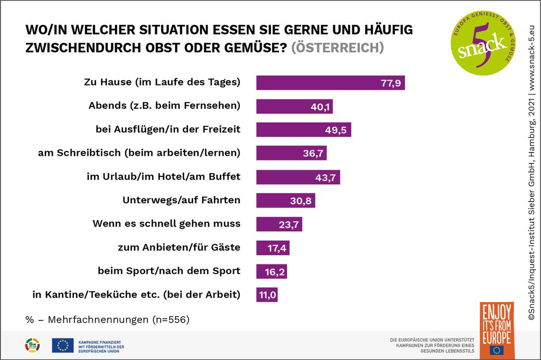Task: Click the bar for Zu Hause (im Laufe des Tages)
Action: click(x=330, y=82)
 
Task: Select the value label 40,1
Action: click(x=320, y=107)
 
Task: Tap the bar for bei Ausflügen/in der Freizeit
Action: click(x=303, y=130)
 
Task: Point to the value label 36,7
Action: click(x=314, y=154)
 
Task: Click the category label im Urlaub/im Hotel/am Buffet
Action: click(x=163, y=176)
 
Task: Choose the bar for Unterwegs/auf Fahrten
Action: click(x=285, y=201)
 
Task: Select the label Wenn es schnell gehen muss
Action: click(x=166, y=223)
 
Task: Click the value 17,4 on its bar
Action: click(x=276, y=248)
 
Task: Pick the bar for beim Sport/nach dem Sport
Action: click(x=272, y=271)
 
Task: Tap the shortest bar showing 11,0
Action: click(x=267, y=295)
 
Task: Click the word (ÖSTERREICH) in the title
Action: click(x=337, y=48)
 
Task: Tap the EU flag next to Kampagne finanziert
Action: click(x=62, y=345)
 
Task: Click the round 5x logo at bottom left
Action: click(x=32, y=345)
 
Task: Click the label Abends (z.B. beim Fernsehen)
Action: click(x=164, y=105)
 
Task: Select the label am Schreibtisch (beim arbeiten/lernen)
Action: click(x=139, y=153)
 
